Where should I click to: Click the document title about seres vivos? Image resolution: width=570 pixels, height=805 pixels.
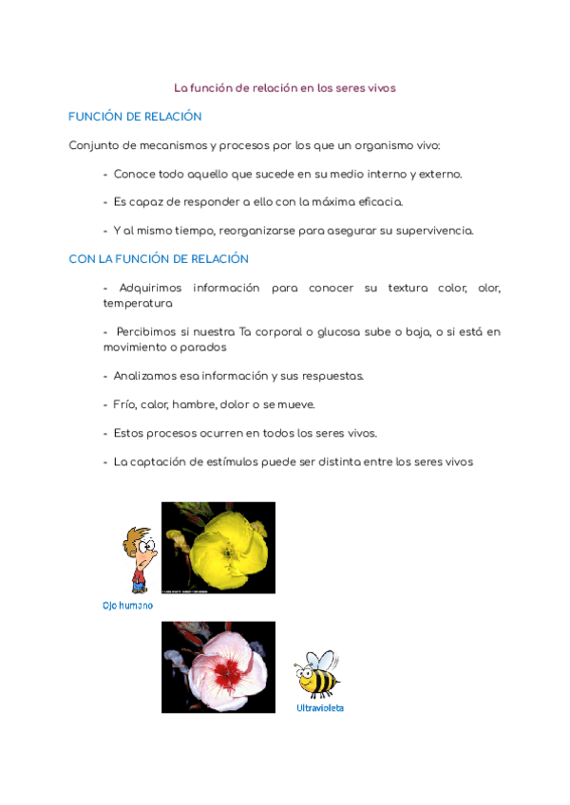click(x=284, y=87)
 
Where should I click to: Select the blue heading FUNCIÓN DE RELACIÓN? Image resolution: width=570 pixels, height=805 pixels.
click(x=135, y=117)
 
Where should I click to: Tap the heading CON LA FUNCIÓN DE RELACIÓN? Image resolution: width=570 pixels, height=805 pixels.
click(x=159, y=259)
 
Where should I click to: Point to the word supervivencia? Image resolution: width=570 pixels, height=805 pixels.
click(x=436, y=231)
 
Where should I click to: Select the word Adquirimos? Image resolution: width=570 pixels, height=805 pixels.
click(x=150, y=288)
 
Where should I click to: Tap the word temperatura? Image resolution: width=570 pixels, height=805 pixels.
click(x=138, y=304)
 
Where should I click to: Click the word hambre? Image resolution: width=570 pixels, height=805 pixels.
click(x=194, y=404)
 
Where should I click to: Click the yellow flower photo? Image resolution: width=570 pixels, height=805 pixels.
click(x=218, y=548)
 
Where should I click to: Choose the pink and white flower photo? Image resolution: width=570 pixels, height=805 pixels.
click(x=218, y=667)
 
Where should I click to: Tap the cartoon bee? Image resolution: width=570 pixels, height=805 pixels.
click(x=317, y=674)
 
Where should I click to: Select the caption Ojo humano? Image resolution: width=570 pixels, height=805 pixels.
click(x=127, y=605)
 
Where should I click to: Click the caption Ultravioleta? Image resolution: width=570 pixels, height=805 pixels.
click(x=320, y=708)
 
